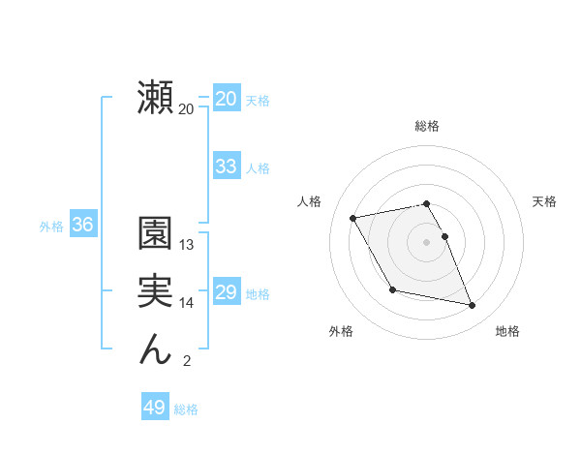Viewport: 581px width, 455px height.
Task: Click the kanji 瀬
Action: tap(156, 99)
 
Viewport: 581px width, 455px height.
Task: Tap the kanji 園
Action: tap(156, 235)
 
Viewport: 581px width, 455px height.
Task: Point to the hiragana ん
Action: tap(156, 349)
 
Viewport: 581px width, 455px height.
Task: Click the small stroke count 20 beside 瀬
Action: tap(186, 109)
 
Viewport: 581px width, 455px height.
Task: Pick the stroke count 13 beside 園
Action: tap(187, 245)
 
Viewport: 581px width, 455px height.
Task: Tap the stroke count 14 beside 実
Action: tap(187, 303)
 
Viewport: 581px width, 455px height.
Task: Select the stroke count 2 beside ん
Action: tap(187, 362)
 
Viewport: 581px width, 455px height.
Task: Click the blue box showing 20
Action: tap(226, 99)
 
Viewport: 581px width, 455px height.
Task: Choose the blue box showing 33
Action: tap(226, 167)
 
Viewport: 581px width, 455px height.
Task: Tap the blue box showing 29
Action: tap(226, 292)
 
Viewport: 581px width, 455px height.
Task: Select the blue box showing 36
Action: tap(82, 225)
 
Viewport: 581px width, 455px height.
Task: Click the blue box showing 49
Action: tap(154, 408)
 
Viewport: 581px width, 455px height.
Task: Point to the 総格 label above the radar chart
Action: tap(427, 126)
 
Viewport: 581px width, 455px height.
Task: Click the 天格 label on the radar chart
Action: tap(545, 201)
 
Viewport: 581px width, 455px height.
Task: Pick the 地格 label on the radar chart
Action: tap(507, 331)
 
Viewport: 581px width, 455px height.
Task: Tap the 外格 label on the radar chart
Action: tap(341, 331)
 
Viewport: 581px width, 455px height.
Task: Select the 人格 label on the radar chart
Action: tap(309, 201)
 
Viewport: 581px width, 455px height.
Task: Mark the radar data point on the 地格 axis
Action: tap(473, 306)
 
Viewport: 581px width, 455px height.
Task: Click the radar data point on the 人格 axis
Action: tap(353, 218)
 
